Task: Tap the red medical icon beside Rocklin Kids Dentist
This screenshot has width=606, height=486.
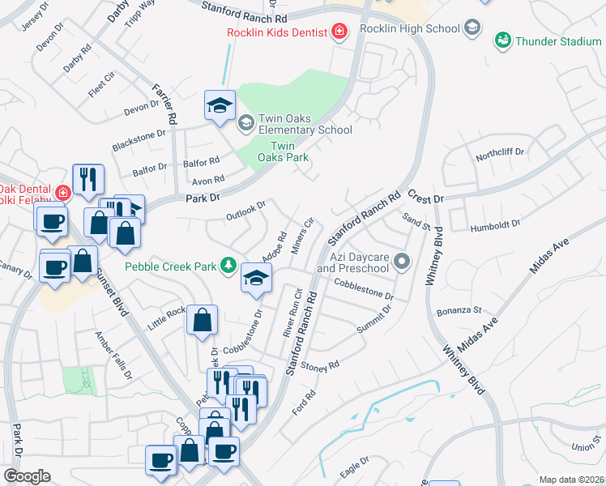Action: tap(339, 32)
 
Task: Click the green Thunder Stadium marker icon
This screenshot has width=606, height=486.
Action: tap(502, 40)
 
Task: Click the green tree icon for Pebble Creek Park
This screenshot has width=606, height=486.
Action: tap(229, 266)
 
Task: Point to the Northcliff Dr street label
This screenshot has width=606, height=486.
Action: tap(501, 152)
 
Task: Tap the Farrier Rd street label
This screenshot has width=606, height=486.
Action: tap(162, 101)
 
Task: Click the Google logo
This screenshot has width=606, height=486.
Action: tap(28, 475)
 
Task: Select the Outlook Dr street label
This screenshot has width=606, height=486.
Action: tap(245, 211)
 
